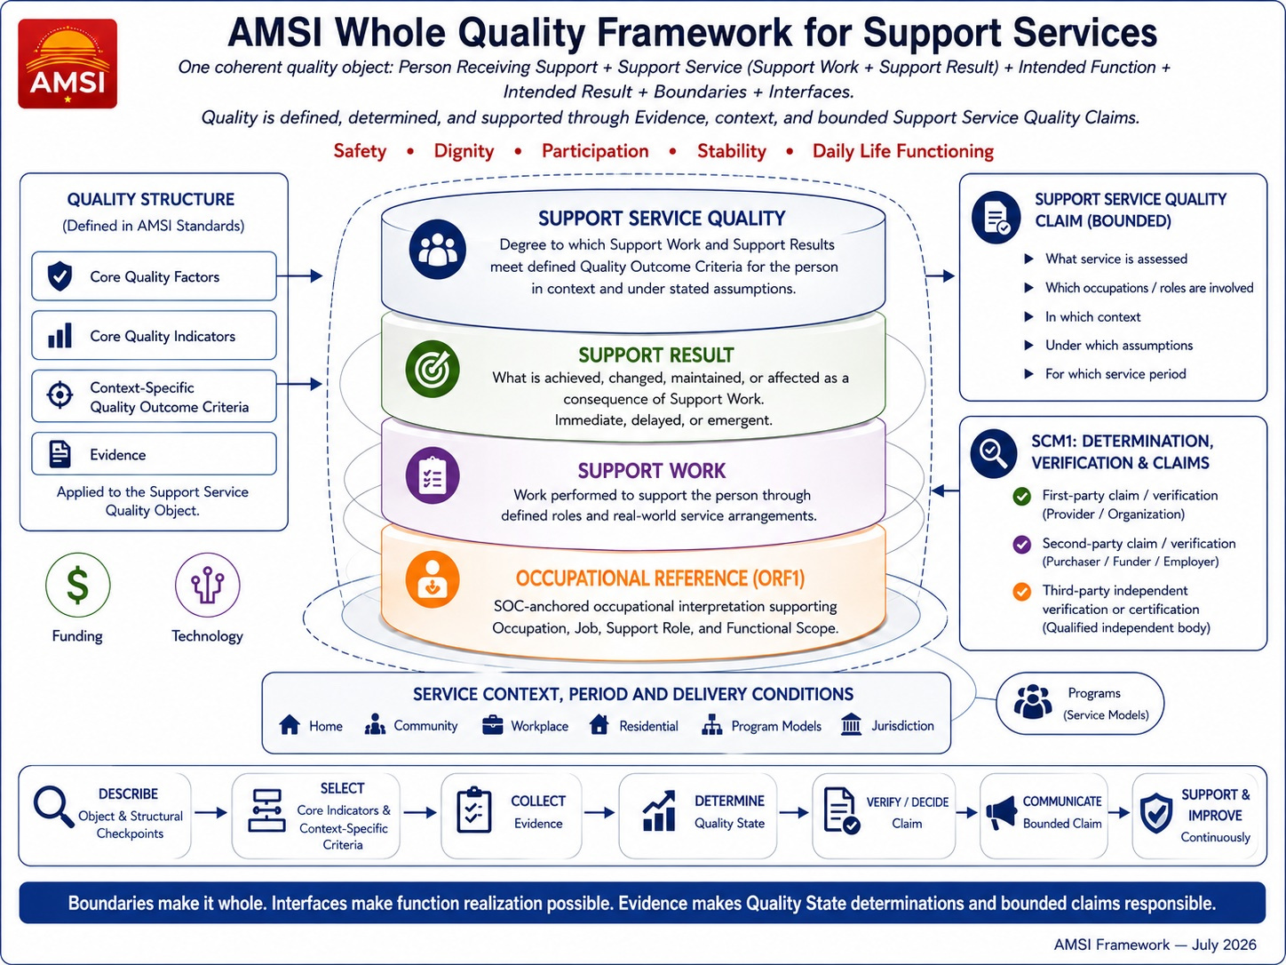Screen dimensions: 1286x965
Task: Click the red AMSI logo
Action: pos(67,63)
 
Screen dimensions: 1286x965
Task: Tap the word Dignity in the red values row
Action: pos(464,151)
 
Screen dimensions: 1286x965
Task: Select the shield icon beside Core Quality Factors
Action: pos(60,276)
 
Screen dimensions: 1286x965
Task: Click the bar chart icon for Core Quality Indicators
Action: pos(60,336)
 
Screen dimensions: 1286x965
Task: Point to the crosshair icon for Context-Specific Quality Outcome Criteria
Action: pos(60,395)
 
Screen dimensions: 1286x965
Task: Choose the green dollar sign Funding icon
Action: pos(78,585)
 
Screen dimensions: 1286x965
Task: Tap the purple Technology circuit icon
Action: pos(208,585)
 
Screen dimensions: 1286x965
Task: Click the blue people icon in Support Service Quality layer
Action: pos(438,249)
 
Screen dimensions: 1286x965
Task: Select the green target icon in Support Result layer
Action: pos(433,369)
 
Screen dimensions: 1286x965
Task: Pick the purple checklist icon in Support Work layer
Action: pos(433,475)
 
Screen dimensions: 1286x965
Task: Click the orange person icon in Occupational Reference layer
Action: pos(433,578)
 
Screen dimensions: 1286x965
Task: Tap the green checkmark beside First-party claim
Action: pos(1021,496)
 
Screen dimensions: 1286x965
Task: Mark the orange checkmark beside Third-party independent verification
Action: pos(1021,591)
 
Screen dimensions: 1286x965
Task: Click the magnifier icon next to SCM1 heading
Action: pos(994,453)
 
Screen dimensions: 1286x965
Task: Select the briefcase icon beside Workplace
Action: pos(492,725)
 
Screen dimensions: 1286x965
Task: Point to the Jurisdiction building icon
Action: pos(851,725)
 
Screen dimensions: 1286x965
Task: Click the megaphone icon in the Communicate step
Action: pos(1001,813)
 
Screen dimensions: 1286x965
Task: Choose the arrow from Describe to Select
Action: pos(210,813)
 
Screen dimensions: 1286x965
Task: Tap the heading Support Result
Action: pos(655,355)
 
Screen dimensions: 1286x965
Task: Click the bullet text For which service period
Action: pos(1115,374)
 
